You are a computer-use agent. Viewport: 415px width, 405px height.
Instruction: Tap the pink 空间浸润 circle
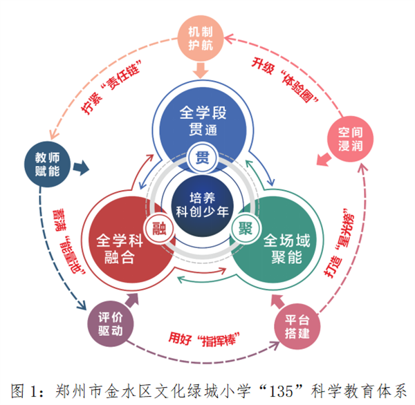tap(346, 141)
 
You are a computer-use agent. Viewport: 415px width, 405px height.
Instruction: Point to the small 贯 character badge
tap(203, 153)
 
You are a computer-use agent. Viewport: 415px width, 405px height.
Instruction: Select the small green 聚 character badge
tap(245, 228)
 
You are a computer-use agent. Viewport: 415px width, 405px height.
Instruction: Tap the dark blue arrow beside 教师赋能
tap(82, 167)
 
